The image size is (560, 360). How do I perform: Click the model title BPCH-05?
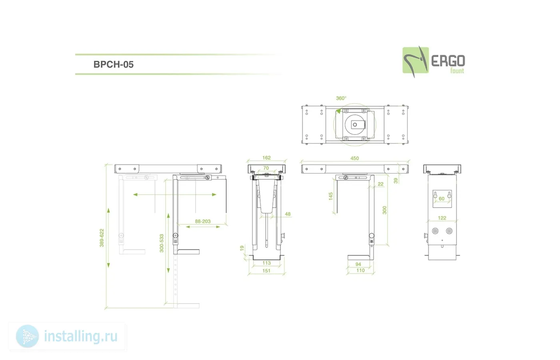click(113, 64)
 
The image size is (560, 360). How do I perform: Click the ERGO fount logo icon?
click(415, 61)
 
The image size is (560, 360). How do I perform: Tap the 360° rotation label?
click(341, 98)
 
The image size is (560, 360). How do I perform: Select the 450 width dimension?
click(354, 158)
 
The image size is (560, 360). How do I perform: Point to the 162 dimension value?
click(266, 158)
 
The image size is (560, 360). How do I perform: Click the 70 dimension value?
click(266, 168)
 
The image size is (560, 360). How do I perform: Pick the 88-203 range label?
click(203, 221)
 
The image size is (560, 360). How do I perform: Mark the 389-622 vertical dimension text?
click(102, 238)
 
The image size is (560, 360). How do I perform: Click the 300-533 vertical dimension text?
click(162, 243)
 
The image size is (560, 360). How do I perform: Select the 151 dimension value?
click(266, 271)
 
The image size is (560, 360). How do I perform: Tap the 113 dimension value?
click(266, 263)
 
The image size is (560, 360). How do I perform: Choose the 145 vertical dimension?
click(330, 196)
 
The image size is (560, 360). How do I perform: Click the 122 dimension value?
click(442, 218)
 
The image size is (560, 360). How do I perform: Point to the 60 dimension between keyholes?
click(442, 199)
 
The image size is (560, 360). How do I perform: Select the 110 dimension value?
click(360, 270)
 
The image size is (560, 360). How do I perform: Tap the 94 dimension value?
click(358, 264)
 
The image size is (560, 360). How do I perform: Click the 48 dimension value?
click(288, 214)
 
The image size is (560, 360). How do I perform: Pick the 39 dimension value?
click(396, 180)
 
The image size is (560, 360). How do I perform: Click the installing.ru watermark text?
click(81, 336)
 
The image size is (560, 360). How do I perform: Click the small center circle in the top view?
click(355, 125)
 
